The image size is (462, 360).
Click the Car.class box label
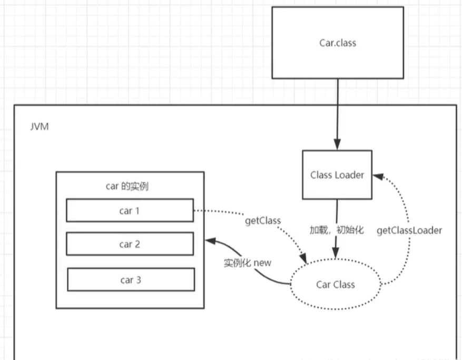(x=338, y=43)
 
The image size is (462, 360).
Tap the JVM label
(x=40, y=127)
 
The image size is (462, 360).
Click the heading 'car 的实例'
(x=127, y=187)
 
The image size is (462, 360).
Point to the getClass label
(x=263, y=220)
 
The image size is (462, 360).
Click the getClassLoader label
(x=409, y=230)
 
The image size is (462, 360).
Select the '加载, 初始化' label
(x=337, y=230)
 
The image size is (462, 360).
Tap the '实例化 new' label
(x=248, y=262)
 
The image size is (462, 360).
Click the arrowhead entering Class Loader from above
(x=337, y=144)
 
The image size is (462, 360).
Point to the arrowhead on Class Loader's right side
(x=378, y=177)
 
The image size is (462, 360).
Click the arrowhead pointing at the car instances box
(x=210, y=241)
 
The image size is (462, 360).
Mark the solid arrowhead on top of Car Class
(x=335, y=254)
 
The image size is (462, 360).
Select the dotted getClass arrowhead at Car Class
(x=303, y=258)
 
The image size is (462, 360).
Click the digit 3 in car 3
(x=139, y=280)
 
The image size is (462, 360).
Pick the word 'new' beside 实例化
(x=262, y=263)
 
